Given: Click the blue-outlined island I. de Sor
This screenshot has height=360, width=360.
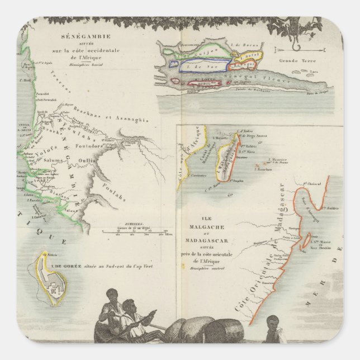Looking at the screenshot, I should [198, 65].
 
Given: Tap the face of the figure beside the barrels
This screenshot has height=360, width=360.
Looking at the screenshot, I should [272, 321].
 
